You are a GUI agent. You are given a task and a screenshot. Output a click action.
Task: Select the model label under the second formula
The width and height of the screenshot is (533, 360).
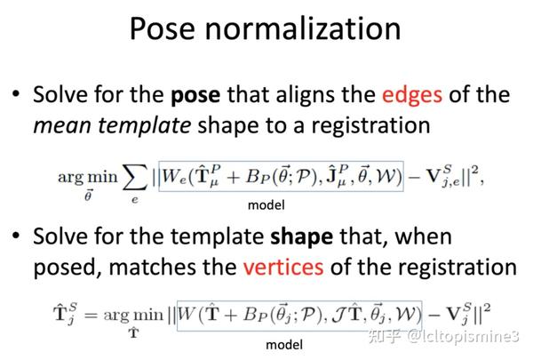pyautogui.click(x=283, y=344)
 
